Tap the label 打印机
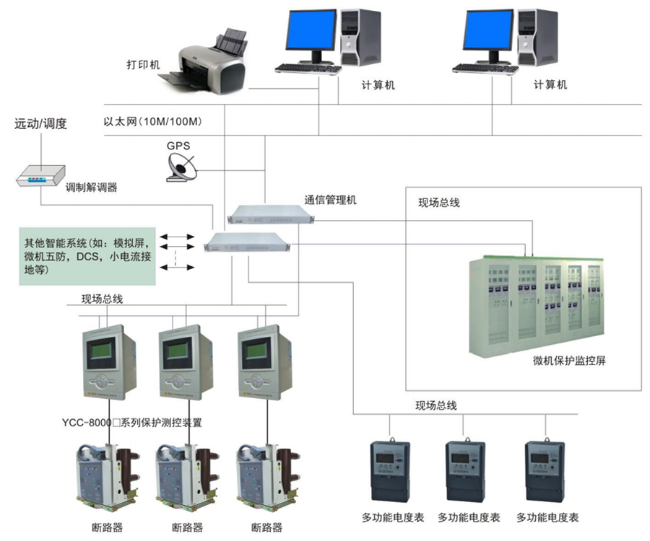[142, 65]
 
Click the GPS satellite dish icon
[178, 167]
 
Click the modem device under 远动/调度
[41, 175]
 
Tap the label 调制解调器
[91, 188]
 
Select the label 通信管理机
[330, 200]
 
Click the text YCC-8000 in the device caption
[85, 423]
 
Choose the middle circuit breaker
[186, 480]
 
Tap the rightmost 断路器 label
[266, 527]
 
